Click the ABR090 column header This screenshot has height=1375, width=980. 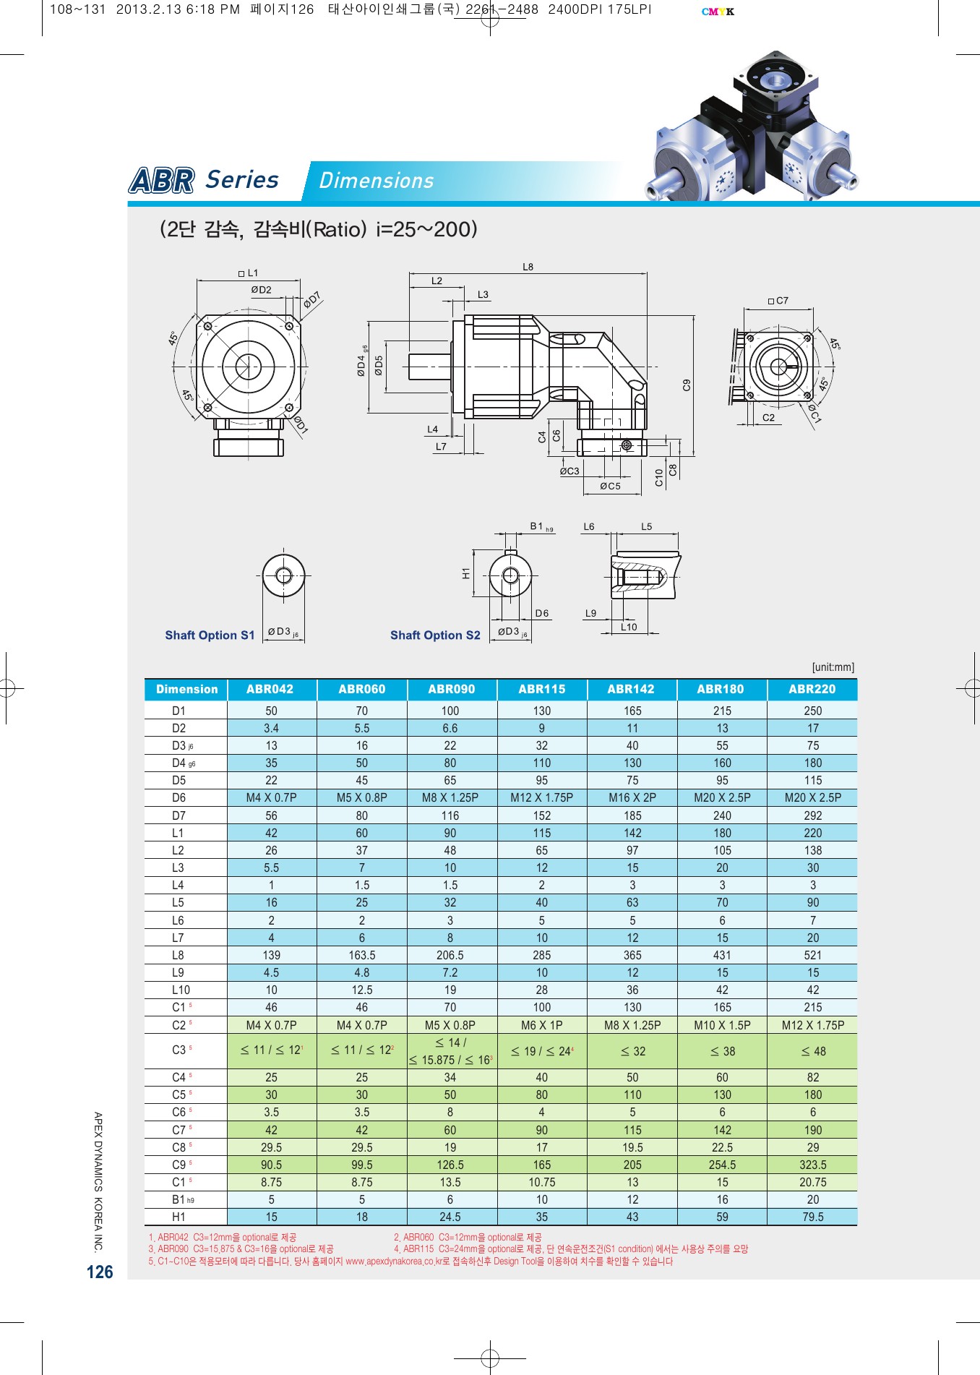click(x=452, y=689)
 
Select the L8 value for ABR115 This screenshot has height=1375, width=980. click(x=541, y=955)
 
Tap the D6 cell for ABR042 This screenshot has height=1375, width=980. click(x=271, y=797)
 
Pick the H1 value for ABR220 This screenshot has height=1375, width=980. click(x=812, y=1217)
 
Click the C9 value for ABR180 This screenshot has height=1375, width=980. click(x=722, y=1165)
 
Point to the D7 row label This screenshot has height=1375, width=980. click(x=179, y=815)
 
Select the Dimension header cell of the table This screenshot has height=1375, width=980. click(x=186, y=689)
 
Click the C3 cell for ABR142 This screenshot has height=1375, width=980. click(x=632, y=1051)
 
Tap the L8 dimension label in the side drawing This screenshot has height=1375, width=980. click(x=528, y=267)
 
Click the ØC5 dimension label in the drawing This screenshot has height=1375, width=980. click(x=610, y=487)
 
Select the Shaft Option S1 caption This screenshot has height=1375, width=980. click(x=210, y=635)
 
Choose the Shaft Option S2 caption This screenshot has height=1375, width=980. click(x=435, y=635)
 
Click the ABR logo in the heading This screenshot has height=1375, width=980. click(x=162, y=180)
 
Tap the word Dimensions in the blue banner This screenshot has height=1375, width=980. click(x=376, y=181)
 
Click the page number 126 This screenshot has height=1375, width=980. click(x=100, y=1272)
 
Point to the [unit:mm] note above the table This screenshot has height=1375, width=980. click(x=833, y=667)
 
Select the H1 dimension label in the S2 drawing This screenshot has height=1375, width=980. click(x=465, y=573)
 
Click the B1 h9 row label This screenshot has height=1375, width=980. click(x=183, y=1199)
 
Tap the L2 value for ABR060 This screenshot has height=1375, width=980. click(x=361, y=850)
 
